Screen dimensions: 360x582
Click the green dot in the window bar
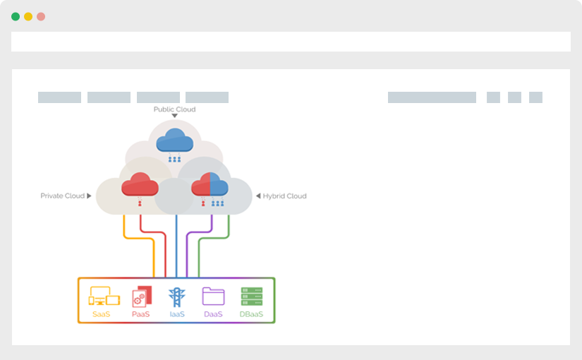16,16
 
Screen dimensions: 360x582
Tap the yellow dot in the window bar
28,16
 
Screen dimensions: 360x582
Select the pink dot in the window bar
41,16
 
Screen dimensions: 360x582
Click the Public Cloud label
174,109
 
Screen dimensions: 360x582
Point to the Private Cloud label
62,196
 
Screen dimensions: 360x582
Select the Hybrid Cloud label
284,196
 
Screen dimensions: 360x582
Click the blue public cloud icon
174,140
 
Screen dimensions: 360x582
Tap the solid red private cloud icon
140,185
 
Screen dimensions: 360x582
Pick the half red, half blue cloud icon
210,185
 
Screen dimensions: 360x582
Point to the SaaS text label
101,314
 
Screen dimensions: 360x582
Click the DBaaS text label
251,314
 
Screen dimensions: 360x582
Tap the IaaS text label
176,314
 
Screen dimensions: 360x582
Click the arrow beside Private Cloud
89,196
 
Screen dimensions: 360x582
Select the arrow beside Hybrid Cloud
257,196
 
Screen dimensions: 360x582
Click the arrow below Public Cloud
174,116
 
